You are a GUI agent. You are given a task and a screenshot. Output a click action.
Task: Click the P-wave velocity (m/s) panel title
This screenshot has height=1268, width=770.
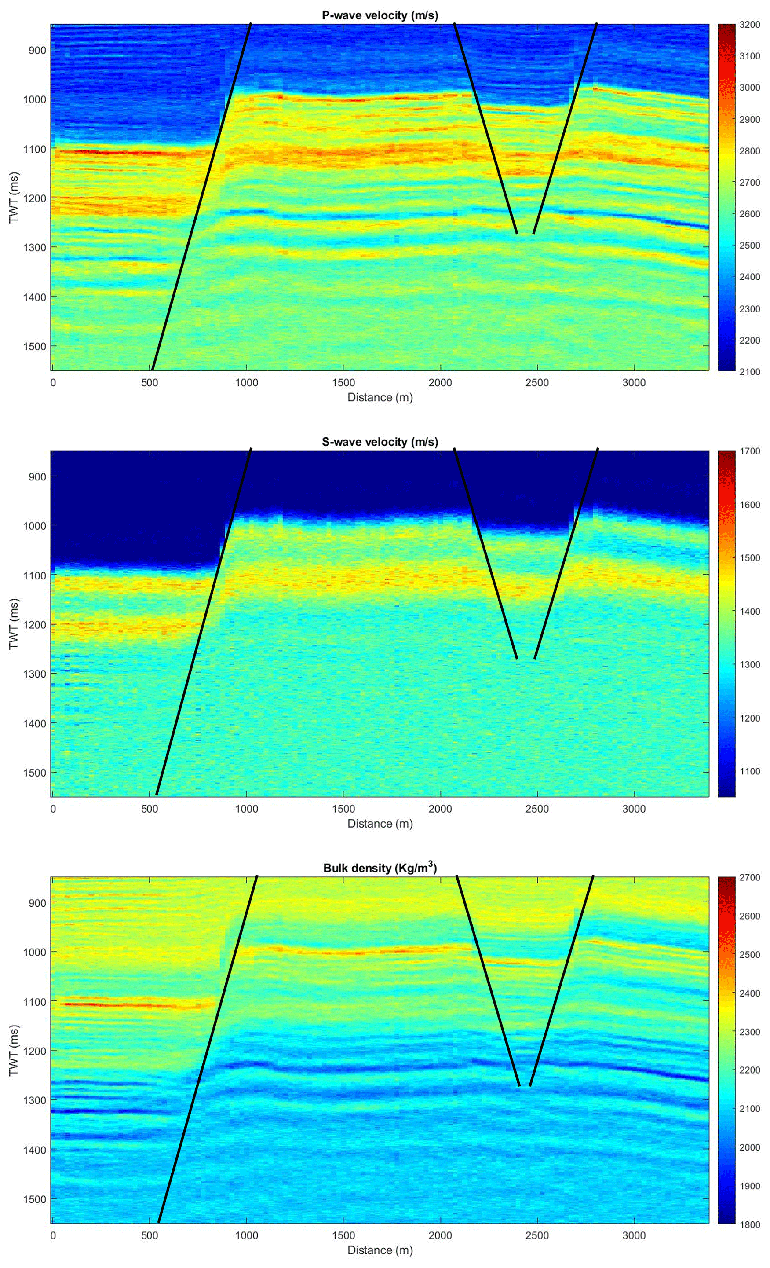click(x=380, y=15)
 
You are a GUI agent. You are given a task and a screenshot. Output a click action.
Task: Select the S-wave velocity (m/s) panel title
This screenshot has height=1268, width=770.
click(x=380, y=442)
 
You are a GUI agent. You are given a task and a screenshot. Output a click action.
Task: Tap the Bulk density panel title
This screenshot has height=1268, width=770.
click(x=380, y=868)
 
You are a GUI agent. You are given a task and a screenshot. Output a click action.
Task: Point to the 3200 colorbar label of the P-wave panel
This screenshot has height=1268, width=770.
click(x=749, y=25)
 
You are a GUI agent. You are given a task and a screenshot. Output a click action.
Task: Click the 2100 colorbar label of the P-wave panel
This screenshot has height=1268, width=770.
click(x=749, y=371)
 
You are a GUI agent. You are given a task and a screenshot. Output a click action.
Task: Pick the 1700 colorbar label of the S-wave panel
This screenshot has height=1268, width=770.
click(x=749, y=451)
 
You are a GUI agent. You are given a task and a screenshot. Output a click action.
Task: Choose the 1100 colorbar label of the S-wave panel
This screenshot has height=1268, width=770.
click(x=749, y=771)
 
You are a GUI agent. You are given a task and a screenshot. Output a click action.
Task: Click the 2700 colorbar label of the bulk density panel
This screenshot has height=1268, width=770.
click(x=749, y=877)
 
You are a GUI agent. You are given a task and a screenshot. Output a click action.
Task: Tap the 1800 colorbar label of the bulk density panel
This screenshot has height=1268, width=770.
click(x=749, y=1225)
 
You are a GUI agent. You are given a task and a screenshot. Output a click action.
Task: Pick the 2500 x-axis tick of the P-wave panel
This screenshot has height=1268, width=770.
click(x=537, y=383)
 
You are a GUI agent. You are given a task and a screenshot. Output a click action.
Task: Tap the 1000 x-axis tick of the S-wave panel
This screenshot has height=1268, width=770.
click(x=246, y=809)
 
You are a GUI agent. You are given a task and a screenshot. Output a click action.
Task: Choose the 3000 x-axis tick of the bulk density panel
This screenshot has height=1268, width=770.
click(x=634, y=1235)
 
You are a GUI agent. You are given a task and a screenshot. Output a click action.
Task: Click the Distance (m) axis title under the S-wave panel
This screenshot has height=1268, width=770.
click(x=380, y=823)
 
